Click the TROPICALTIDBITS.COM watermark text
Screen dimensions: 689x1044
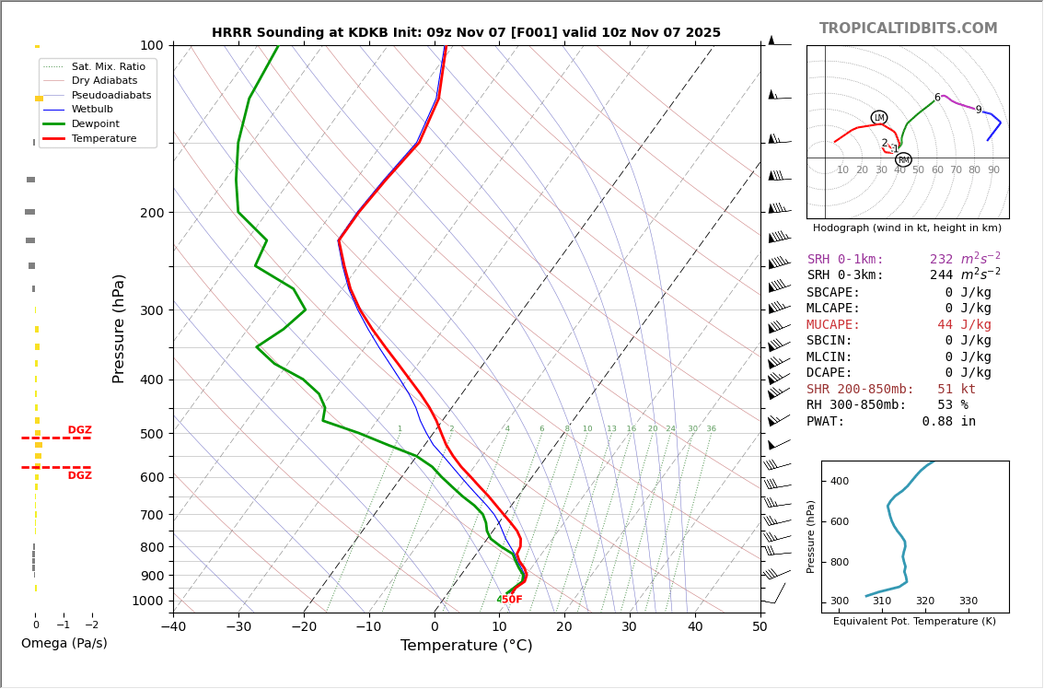click(x=908, y=29)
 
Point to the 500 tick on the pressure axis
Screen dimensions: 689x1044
click(x=152, y=434)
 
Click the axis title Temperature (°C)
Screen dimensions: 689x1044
click(x=466, y=646)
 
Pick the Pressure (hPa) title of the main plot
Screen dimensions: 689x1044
click(x=119, y=328)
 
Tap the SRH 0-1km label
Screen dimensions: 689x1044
click(x=845, y=260)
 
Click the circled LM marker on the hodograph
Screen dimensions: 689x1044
click(x=879, y=117)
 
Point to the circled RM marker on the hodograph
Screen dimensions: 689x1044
click(x=903, y=159)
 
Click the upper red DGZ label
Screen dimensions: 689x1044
click(x=80, y=430)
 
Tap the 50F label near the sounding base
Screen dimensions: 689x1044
click(x=511, y=600)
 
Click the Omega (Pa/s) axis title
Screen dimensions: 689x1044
click(x=64, y=644)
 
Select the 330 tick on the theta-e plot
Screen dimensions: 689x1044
click(x=968, y=601)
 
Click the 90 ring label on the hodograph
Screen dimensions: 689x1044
click(x=993, y=170)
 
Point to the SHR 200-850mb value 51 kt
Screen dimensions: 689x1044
click(x=957, y=389)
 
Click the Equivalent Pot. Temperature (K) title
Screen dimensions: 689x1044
click(x=914, y=622)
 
